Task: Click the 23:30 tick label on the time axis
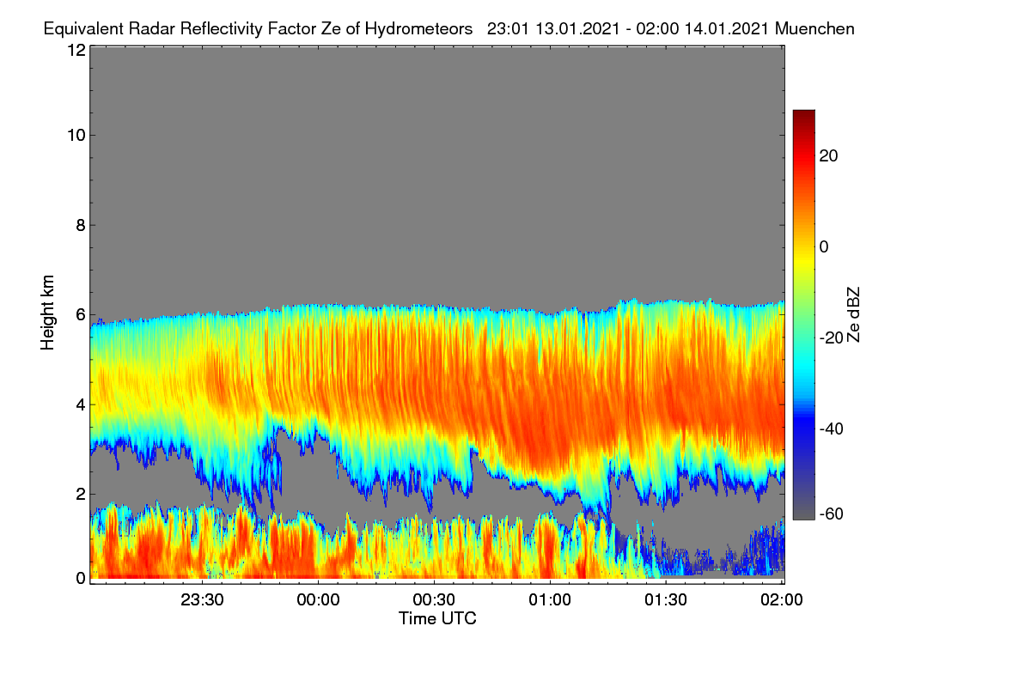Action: click(x=202, y=600)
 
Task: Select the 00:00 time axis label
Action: click(x=318, y=600)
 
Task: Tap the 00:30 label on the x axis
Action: click(x=434, y=600)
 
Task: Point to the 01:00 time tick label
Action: click(x=550, y=600)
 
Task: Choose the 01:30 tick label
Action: click(x=666, y=600)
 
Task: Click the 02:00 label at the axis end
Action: click(x=782, y=600)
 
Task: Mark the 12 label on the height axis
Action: click(x=76, y=50)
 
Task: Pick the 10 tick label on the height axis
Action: click(x=76, y=136)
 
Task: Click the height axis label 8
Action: click(x=81, y=226)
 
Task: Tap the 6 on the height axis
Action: click(x=81, y=315)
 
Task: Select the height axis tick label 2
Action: click(x=81, y=494)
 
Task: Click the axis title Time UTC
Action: click(x=437, y=619)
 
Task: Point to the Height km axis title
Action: click(x=47, y=313)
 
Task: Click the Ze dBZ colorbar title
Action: click(x=853, y=315)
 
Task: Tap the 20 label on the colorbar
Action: click(x=828, y=156)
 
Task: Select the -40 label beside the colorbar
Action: click(x=832, y=429)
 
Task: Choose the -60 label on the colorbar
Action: click(x=832, y=514)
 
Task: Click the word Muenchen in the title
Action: click(x=814, y=29)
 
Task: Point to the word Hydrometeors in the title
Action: click(x=419, y=29)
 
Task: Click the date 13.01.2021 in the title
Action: click(x=577, y=29)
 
